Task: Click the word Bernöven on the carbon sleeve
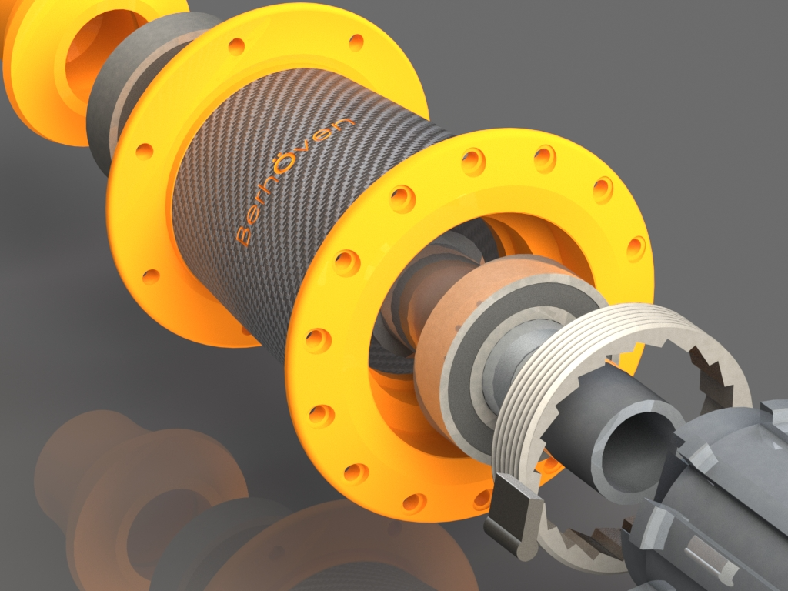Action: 295,181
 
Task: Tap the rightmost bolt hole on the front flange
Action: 636,248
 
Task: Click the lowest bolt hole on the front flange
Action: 414,503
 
